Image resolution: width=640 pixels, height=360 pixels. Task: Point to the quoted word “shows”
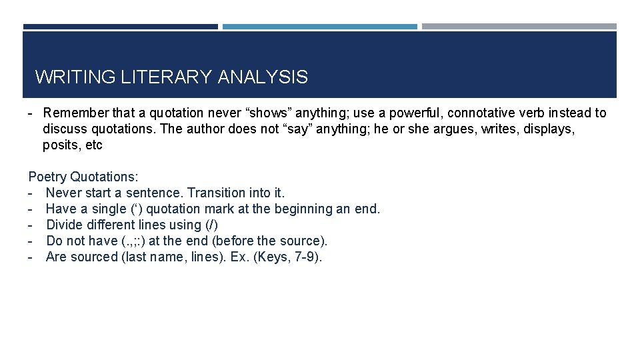coord(271,113)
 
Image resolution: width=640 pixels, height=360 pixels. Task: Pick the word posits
coord(59,145)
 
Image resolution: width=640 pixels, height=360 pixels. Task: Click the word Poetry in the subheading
coord(47,177)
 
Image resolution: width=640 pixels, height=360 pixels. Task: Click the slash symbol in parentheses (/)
coord(213,225)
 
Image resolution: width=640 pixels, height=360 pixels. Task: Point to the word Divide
coord(65,225)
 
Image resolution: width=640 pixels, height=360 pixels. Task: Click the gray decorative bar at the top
coord(519,27)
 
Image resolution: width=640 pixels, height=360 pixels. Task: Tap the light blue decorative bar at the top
coord(319,27)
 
